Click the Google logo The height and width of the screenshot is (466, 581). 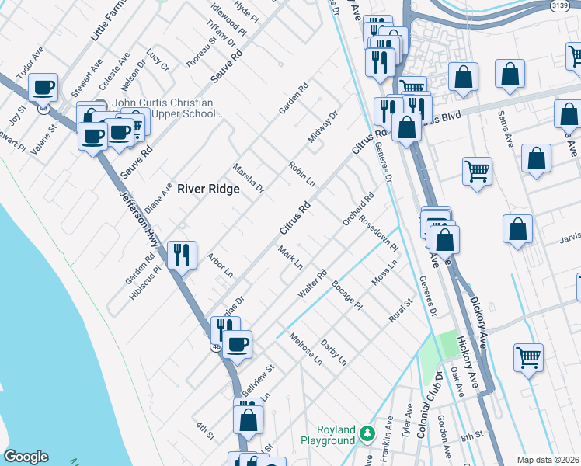(x=26, y=457)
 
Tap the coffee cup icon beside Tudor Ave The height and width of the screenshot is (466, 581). (x=43, y=87)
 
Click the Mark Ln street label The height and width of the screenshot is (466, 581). (x=290, y=257)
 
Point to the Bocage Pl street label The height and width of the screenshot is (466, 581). (x=346, y=295)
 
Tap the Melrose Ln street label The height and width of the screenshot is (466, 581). (x=305, y=349)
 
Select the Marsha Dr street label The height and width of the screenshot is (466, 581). (x=249, y=178)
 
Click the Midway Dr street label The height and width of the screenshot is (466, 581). (x=323, y=127)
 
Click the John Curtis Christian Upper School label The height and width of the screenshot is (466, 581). (x=163, y=108)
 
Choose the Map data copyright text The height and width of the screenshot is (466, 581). (x=548, y=460)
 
